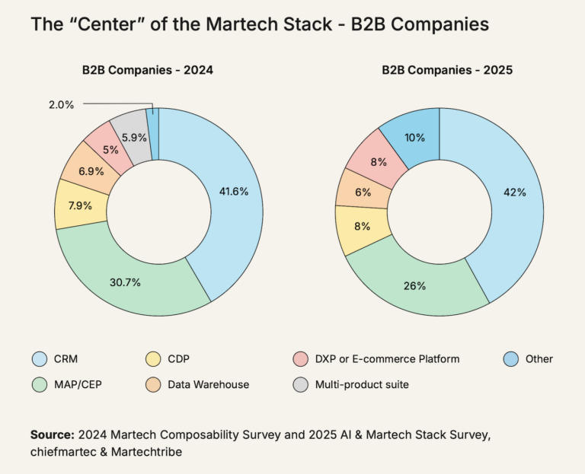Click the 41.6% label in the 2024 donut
233,192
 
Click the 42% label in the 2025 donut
514,192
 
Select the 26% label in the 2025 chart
415,286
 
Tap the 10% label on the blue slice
414,137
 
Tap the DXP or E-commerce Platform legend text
388,359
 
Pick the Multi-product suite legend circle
300,385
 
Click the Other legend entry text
538,359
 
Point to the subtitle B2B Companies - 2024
148,70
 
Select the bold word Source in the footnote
51,434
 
